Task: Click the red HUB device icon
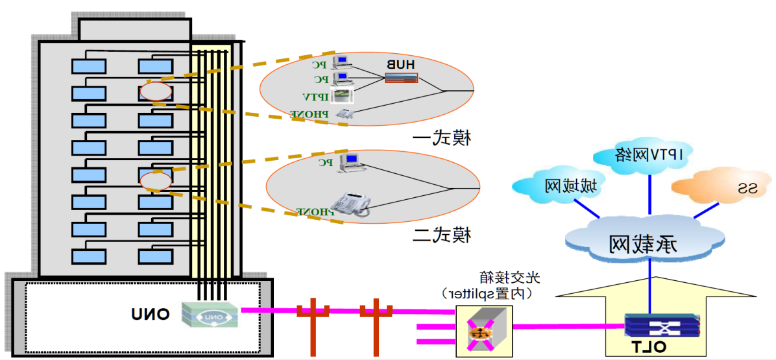tap(401, 78)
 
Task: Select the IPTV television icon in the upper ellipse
tap(342, 95)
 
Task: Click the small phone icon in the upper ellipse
tap(343, 114)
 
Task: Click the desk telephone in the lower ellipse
tap(350, 204)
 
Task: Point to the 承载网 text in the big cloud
tap(643, 245)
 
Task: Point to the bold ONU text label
tap(151, 315)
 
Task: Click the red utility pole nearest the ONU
tap(312, 324)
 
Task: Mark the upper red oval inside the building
tap(156, 91)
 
